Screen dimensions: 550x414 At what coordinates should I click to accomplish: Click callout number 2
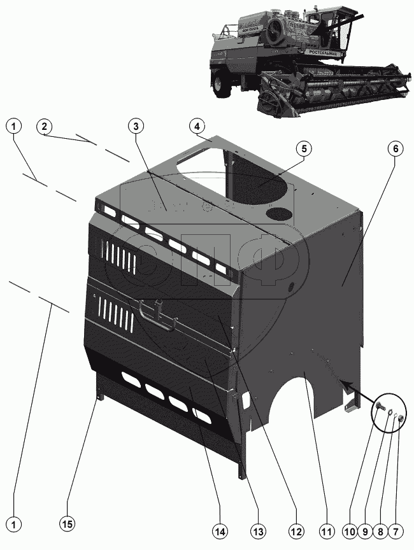click(x=44, y=126)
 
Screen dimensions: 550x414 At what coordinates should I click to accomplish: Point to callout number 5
click(x=304, y=148)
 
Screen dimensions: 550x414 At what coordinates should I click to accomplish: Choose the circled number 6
click(x=395, y=148)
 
